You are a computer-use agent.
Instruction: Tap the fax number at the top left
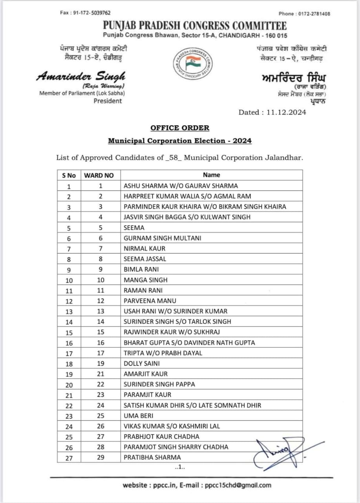click(85, 13)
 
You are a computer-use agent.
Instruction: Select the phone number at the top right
click(304, 14)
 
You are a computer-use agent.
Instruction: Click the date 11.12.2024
click(286, 112)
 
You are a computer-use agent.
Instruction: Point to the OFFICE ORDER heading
click(180, 128)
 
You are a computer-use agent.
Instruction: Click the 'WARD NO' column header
click(99, 175)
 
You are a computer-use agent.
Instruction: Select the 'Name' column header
click(211, 175)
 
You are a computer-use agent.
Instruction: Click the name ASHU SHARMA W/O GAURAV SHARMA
click(181, 186)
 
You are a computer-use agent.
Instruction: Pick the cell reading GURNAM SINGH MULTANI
click(157, 238)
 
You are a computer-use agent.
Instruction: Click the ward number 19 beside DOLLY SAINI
click(101, 363)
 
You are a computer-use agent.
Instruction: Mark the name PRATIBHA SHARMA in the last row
click(152, 457)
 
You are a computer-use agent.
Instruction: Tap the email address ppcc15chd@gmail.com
click(238, 485)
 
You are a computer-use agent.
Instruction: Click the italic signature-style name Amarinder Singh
click(81, 77)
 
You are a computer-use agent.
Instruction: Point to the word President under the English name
click(108, 101)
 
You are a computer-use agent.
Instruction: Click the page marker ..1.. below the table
click(179, 467)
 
